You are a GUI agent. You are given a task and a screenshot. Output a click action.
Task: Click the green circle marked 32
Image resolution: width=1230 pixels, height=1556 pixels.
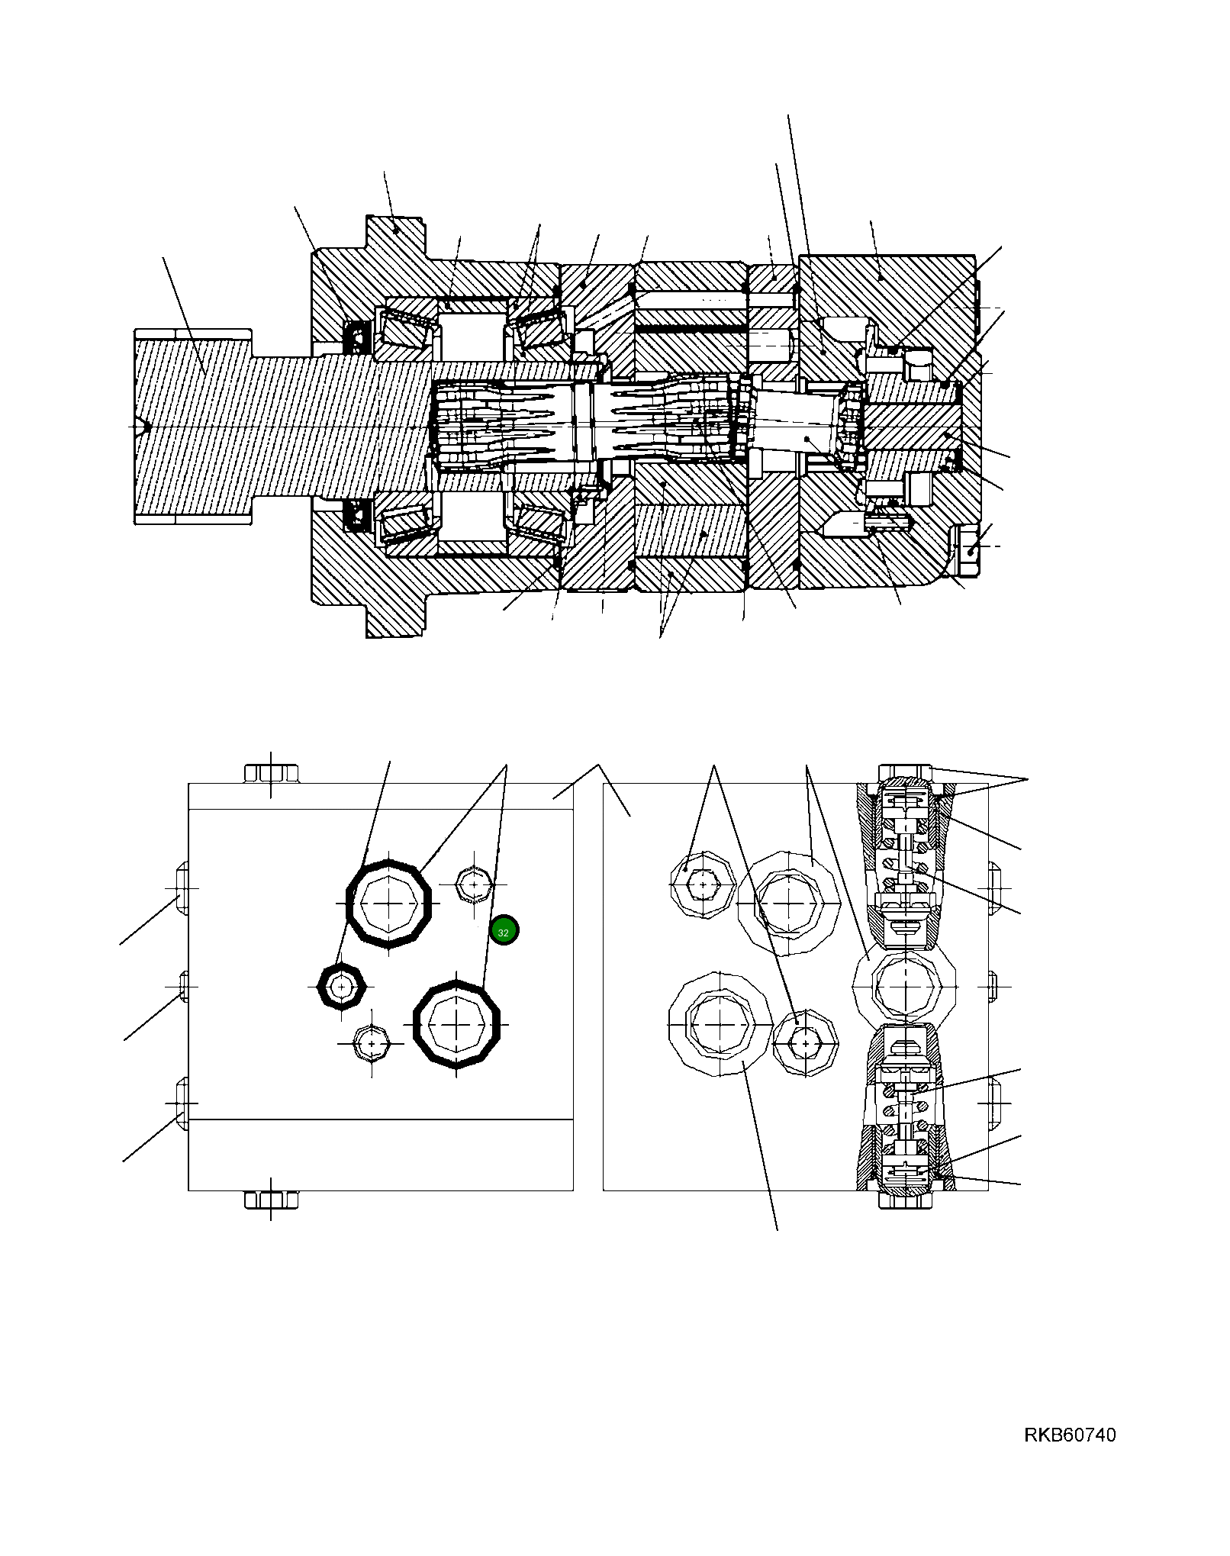(x=504, y=931)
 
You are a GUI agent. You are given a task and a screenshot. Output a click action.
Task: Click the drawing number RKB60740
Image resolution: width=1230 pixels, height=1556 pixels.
(x=1069, y=1435)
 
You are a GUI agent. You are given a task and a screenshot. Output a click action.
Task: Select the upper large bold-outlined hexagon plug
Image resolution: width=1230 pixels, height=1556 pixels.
(x=389, y=904)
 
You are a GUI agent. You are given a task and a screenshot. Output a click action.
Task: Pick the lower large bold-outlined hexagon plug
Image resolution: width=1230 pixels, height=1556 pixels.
(x=456, y=1024)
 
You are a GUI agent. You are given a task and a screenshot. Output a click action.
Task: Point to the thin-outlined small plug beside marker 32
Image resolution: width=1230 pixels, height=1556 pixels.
(x=474, y=885)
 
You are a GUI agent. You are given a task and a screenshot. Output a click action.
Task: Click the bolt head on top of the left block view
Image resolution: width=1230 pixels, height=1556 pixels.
(x=271, y=773)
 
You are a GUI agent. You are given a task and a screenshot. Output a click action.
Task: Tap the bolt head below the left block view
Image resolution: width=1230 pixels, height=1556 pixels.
(x=271, y=1200)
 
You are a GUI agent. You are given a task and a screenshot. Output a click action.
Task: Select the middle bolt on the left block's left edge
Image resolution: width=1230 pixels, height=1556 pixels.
(x=183, y=986)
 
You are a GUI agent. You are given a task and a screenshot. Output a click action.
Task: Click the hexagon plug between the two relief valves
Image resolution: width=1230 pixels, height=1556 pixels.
(x=904, y=987)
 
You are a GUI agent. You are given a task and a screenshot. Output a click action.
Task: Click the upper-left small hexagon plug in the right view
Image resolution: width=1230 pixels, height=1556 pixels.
(x=701, y=884)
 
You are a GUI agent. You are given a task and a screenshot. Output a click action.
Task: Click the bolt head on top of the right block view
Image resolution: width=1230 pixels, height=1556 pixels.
(x=905, y=772)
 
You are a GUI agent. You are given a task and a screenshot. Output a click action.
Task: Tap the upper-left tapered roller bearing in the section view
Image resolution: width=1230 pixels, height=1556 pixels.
(x=409, y=328)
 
